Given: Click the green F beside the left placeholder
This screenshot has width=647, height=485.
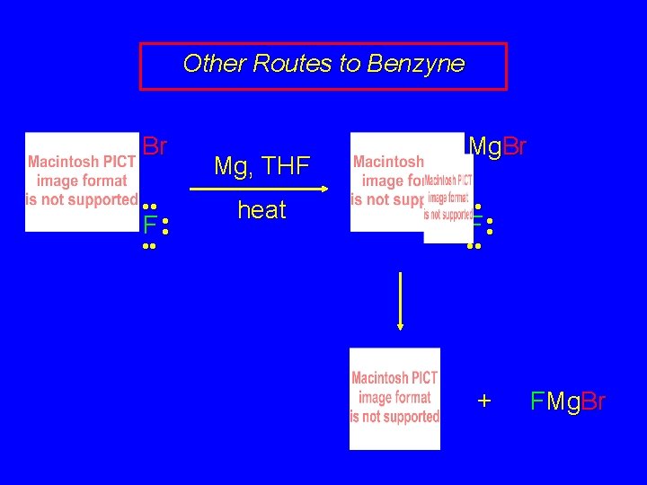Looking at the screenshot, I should (150, 224).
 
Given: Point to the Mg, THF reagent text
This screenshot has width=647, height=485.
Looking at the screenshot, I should (261, 166).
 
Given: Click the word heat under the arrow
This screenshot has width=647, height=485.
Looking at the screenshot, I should (261, 210).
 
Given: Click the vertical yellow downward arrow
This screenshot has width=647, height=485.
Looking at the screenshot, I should (399, 301).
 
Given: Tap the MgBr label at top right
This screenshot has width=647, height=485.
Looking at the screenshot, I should (497, 145).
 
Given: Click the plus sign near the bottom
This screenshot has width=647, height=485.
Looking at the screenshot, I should (484, 401).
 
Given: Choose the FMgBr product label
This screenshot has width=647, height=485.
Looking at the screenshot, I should (568, 401).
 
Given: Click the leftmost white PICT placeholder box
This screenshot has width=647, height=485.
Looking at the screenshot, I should (82, 181).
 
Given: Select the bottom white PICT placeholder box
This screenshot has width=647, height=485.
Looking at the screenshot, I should (394, 398).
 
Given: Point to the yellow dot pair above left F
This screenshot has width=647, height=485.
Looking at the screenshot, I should (150, 207).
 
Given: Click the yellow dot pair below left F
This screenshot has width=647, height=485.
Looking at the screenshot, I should (150, 245).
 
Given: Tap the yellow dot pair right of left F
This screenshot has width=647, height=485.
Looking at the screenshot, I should (166, 224).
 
